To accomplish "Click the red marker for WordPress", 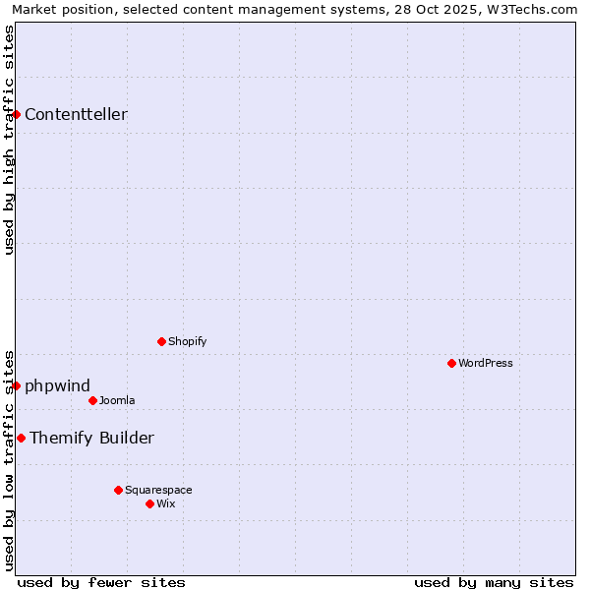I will click(451, 363).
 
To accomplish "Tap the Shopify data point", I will click(161, 341).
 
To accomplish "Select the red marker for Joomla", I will click(92, 400).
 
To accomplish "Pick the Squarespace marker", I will click(118, 490).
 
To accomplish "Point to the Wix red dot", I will click(149, 503).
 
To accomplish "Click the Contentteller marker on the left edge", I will click(16, 114).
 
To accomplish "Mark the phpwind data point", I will click(16, 385).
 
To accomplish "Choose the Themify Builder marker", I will click(21, 438).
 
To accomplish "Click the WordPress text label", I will click(486, 363).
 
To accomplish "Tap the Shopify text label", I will click(188, 341).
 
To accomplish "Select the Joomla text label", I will click(117, 400).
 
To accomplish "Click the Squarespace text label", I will click(158, 490).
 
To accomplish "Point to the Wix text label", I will click(166, 503).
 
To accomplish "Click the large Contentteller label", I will click(76, 114).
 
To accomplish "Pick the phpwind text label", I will click(57, 385).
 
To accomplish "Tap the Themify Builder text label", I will click(91, 438).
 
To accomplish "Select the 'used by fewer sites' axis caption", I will click(101, 582).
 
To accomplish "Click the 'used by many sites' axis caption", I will click(494, 582).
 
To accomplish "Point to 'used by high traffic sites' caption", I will click(9, 140).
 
